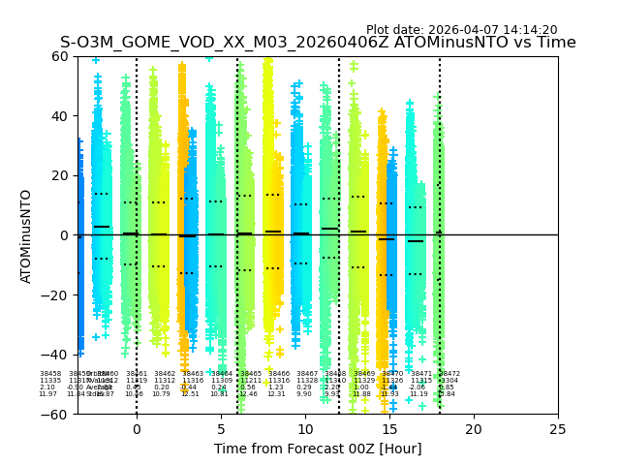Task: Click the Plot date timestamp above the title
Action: coord(461,30)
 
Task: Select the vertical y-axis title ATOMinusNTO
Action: coord(27,235)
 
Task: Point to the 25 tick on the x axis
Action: coord(557,428)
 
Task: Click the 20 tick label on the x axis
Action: coord(473,428)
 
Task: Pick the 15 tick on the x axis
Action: coord(388,428)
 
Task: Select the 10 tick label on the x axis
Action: coord(304,428)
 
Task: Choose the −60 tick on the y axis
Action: coord(59,414)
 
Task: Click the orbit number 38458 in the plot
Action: coord(50,374)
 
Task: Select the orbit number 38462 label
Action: coord(165,374)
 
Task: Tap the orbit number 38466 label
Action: coord(279,374)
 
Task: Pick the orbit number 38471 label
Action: coord(421,374)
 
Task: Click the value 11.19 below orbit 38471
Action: coord(418,394)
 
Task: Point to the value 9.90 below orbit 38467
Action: coord(305,394)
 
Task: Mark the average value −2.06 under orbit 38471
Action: coord(418,387)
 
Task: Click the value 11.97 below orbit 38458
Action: coord(47,394)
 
